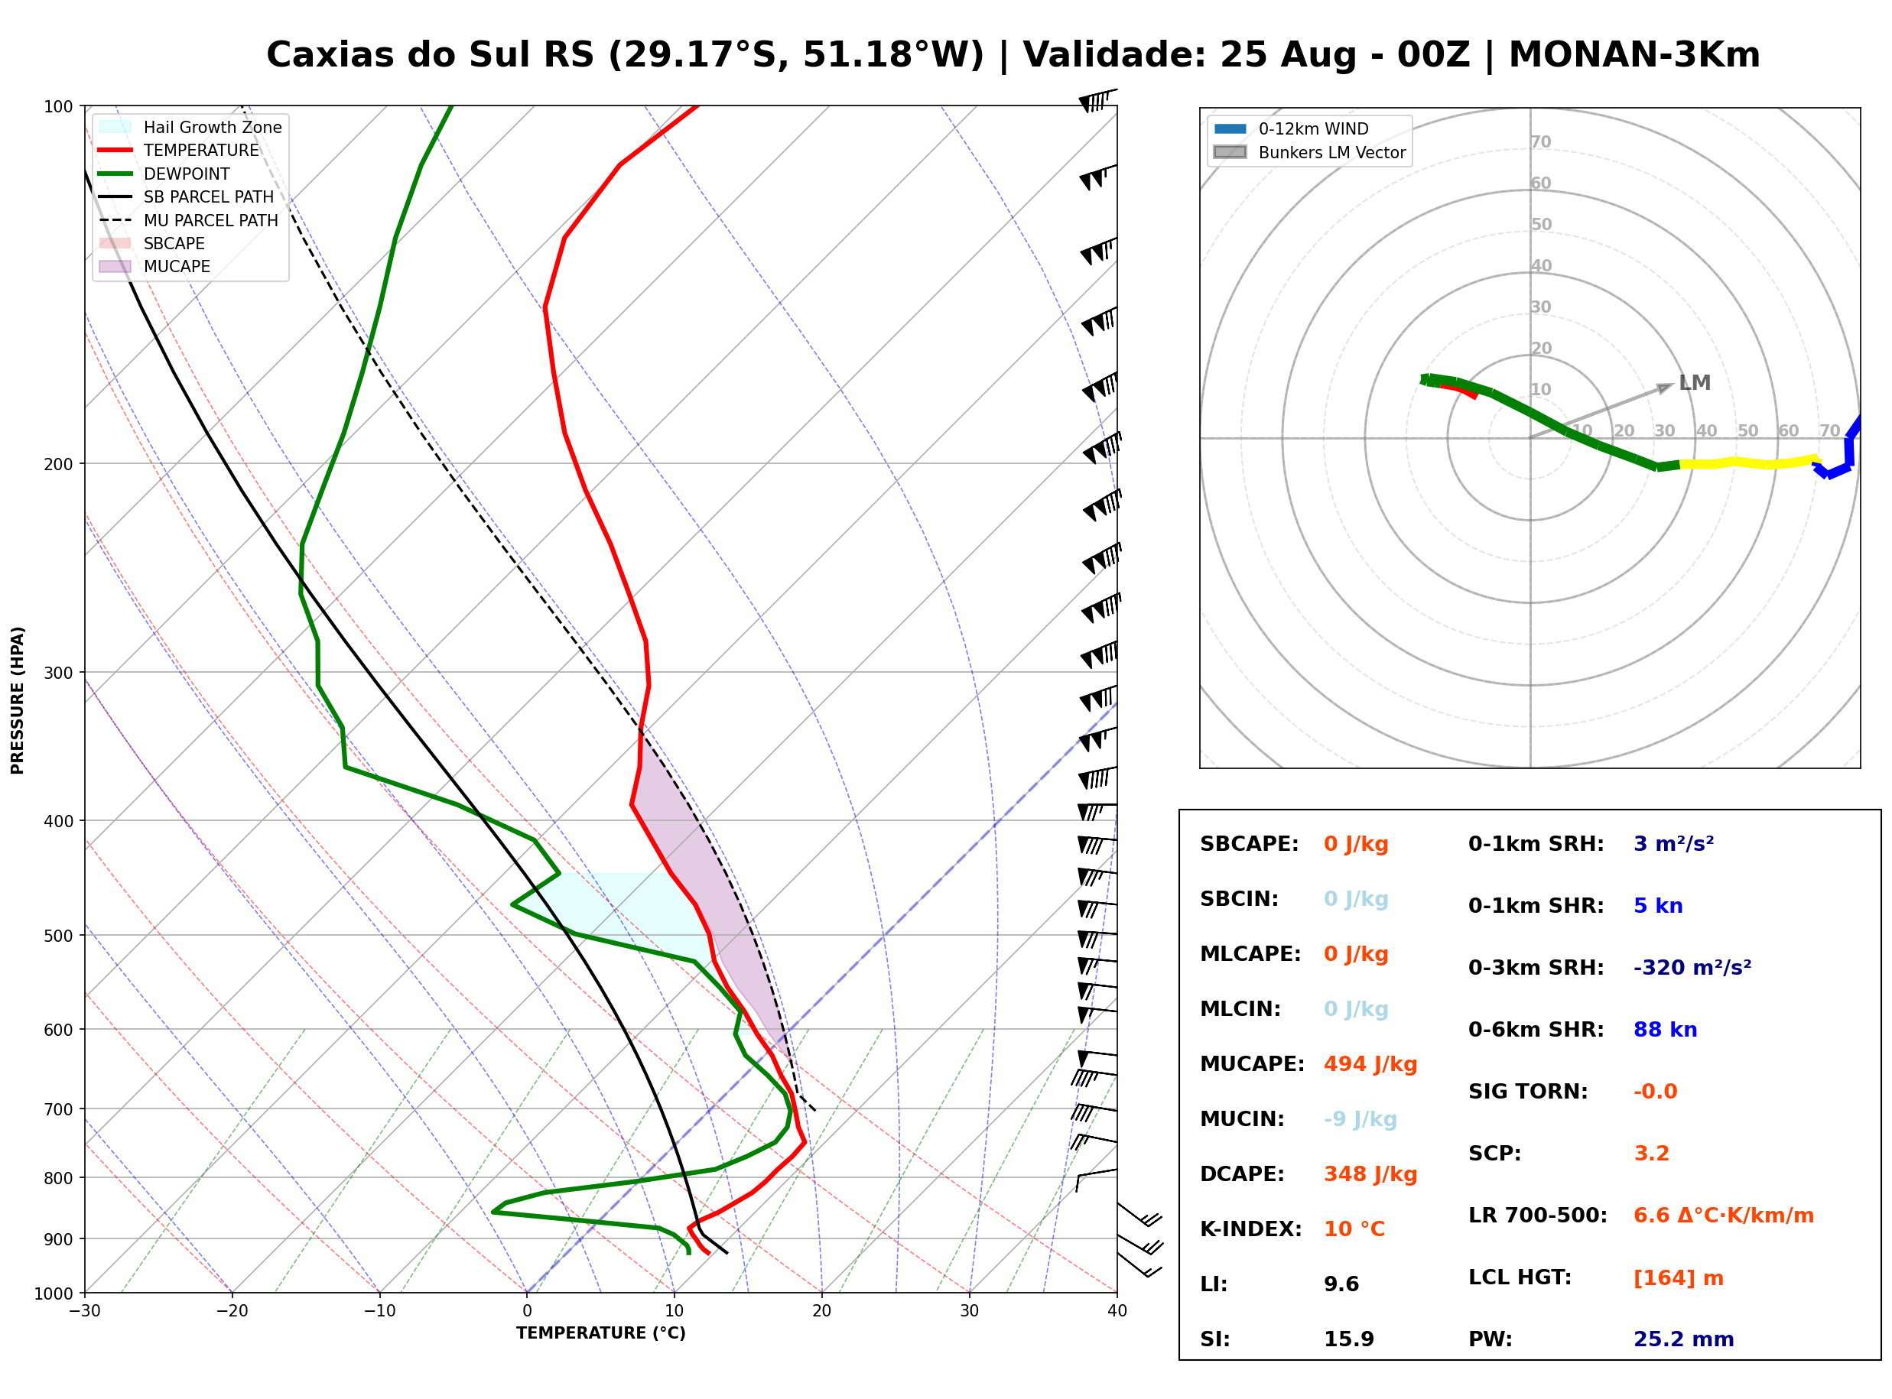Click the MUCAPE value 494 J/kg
pyautogui.click(x=1370, y=1064)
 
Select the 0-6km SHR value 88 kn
pyautogui.click(x=1665, y=1030)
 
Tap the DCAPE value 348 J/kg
pyautogui.click(x=1370, y=1174)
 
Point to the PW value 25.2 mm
pyautogui.click(x=1684, y=1339)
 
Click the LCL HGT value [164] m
pyautogui.click(x=1679, y=1278)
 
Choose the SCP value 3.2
pyautogui.click(x=1651, y=1154)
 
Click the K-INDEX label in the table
pyautogui.click(x=1251, y=1229)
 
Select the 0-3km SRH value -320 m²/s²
pyautogui.click(x=1692, y=967)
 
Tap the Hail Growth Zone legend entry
pyautogui.click(x=190, y=127)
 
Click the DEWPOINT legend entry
pyautogui.click(x=164, y=174)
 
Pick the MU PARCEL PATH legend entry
pyautogui.click(x=188, y=220)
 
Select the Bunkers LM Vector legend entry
pyautogui.click(x=1309, y=152)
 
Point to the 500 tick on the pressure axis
pyautogui.click(x=58, y=936)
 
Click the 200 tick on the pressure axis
pyautogui.click(x=58, y=464)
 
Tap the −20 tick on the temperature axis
pyautogui.click(x=231, y=1311)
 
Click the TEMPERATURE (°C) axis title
pyautogui.click(x=600, y=1333)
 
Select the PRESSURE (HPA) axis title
pyautogui.click(x=17, y=700)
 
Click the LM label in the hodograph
pyautogui.click(x=1695, y=383)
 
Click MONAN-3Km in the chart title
pyautogui.click(x=1634, y=55)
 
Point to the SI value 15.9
pyautogui.click(x=1349, y=1339)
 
